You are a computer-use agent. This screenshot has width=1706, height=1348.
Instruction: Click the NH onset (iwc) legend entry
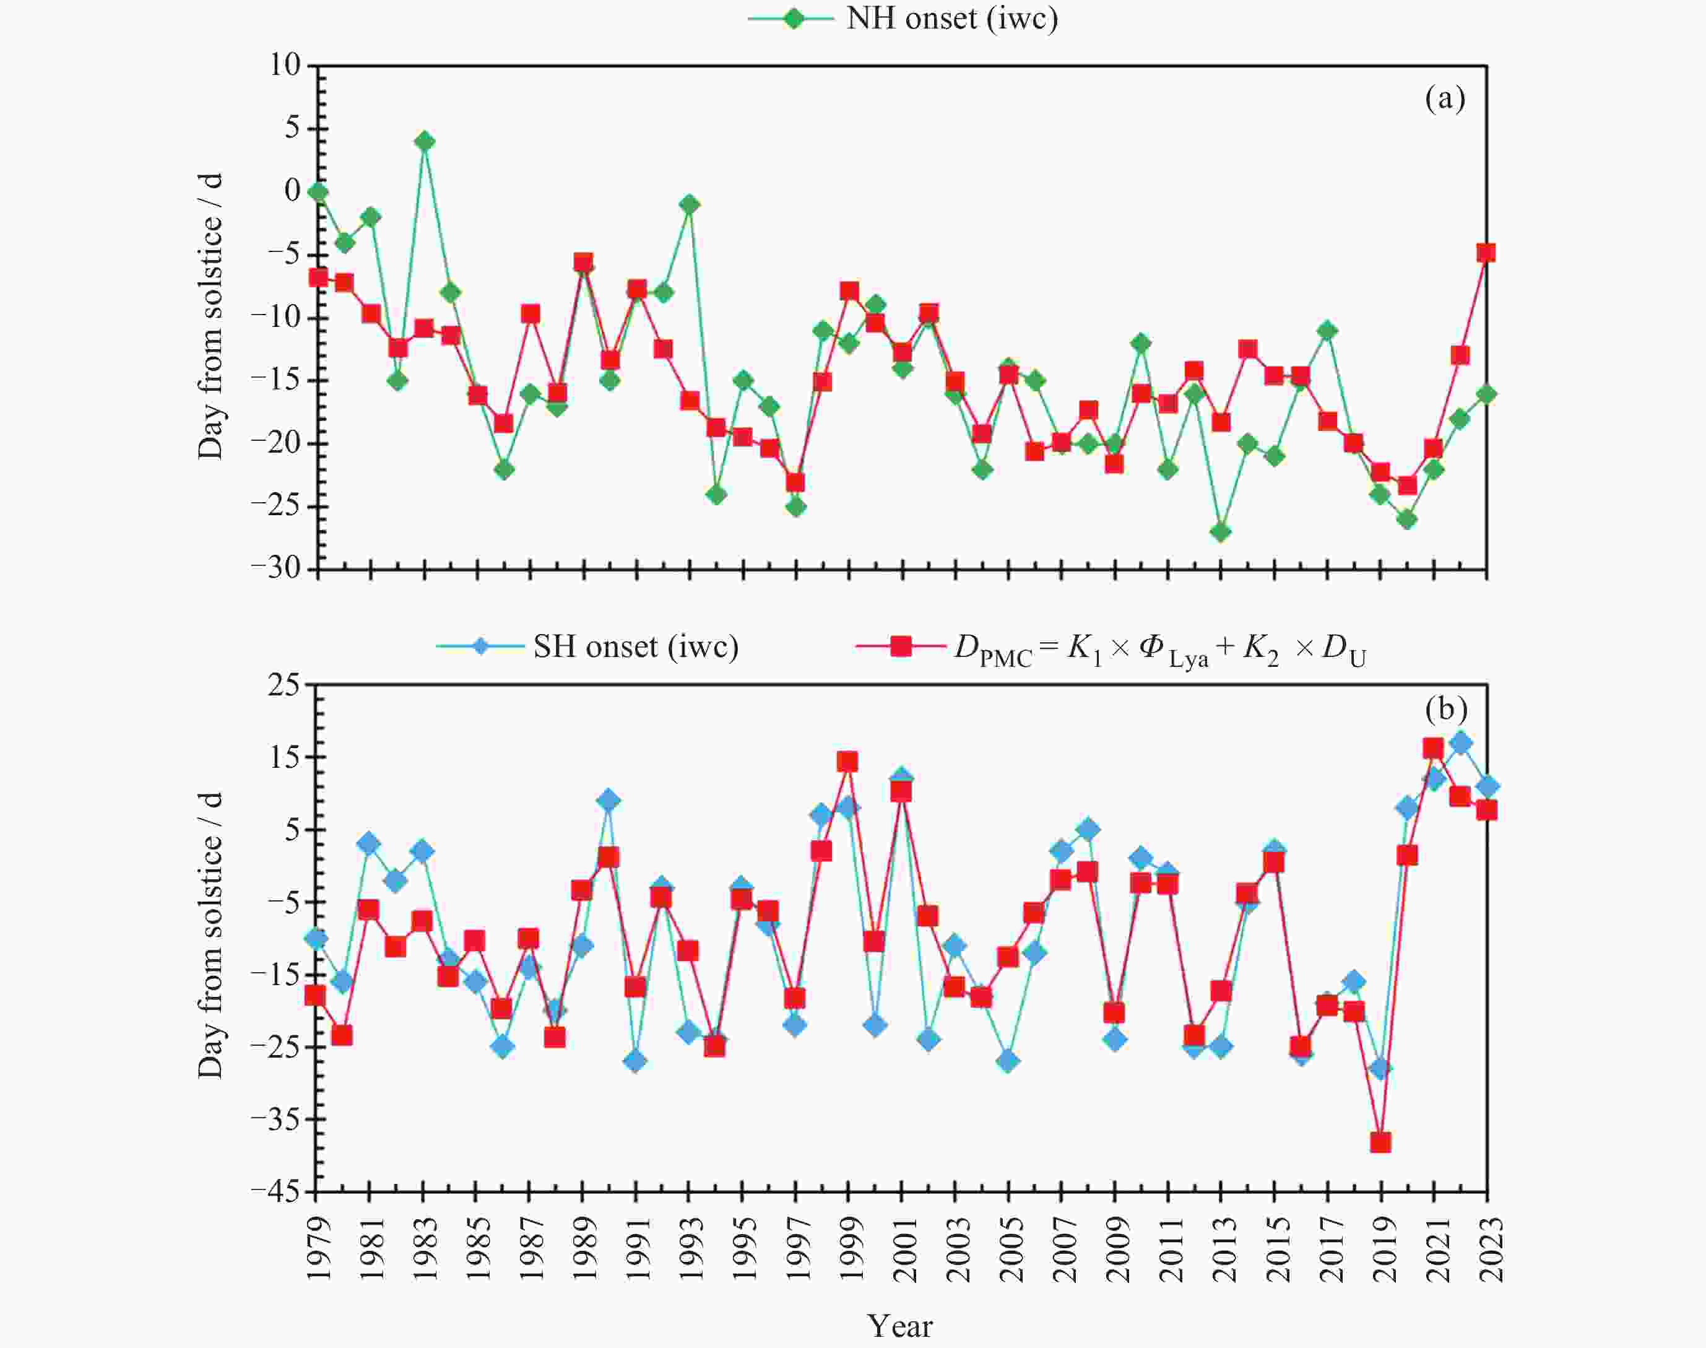[x=904, y=17]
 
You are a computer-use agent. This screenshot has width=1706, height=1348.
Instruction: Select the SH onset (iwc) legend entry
[x=588, y=647]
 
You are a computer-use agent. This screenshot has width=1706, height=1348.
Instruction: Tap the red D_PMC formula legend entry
[x=1112, y=649]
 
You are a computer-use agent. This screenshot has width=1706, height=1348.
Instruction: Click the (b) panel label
[x=1445, y=709]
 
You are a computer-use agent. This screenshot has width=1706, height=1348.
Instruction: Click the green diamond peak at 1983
[x=425, y=141]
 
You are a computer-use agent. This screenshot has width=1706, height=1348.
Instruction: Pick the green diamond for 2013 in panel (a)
[x=1221, y=532]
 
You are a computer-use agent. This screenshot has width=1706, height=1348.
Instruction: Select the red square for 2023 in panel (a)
[x=1486, y=253]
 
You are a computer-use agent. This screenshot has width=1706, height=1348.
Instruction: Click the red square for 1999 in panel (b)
[x=848, y=762]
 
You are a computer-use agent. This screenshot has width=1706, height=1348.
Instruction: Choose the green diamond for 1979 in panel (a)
[x=318, y=192]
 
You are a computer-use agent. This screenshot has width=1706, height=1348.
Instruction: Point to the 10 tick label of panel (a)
[x=285, y=65]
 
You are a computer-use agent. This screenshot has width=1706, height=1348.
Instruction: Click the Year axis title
[x=899, y=1326]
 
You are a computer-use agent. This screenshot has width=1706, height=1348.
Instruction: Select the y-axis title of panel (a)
[x=210, y=316]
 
